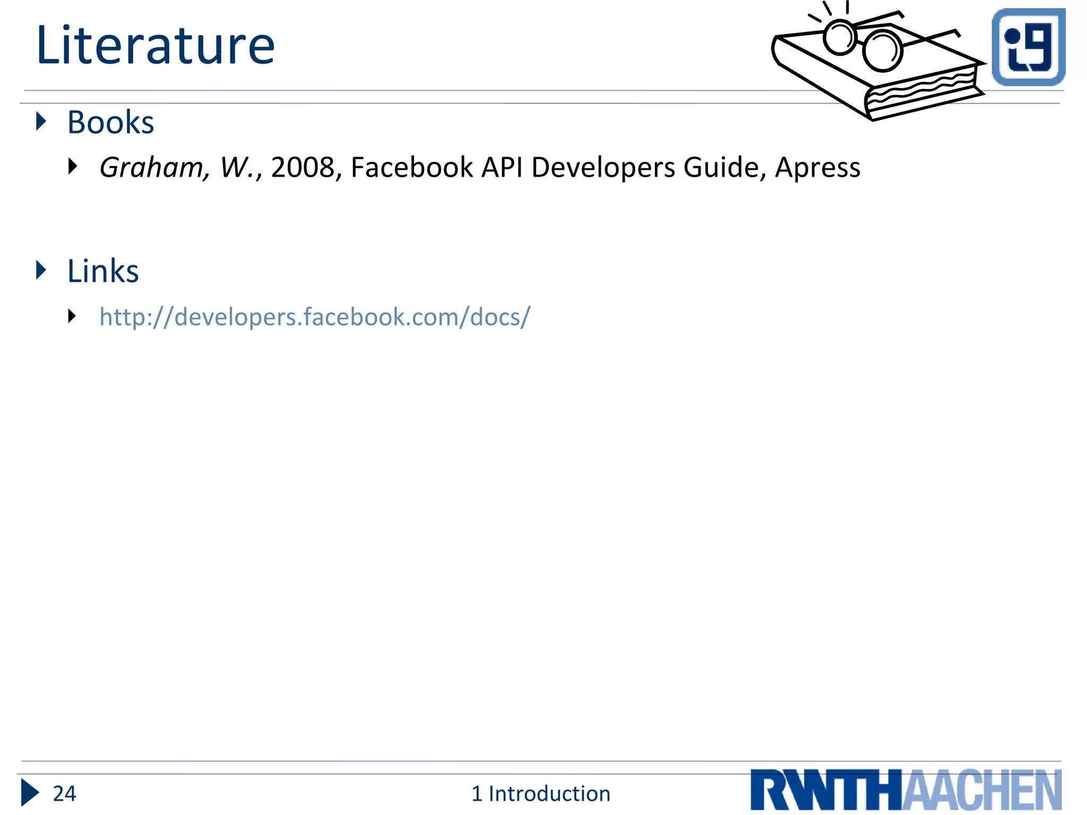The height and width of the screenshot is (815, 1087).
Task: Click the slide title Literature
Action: (156, 46)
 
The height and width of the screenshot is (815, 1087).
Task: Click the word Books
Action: (110, 123)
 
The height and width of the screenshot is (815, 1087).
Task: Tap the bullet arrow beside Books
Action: (41, 122)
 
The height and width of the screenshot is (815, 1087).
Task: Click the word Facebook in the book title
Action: (412, 168)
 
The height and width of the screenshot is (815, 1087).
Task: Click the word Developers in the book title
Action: (603, 168)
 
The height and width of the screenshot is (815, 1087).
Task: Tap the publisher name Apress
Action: (817, 168)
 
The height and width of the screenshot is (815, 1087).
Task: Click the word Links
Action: (103, 271)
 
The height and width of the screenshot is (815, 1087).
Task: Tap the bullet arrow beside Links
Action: (41, 270)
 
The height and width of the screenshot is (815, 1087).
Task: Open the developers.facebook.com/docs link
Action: (315, 317)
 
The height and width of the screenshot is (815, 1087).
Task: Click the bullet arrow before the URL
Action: (73, 316)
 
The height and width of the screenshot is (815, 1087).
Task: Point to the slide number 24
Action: (64, 794)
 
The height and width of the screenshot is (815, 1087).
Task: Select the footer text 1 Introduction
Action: (541, 794)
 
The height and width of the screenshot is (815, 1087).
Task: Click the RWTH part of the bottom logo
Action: (826, 791)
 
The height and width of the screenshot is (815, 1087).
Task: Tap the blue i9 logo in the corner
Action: (1028, 47)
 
